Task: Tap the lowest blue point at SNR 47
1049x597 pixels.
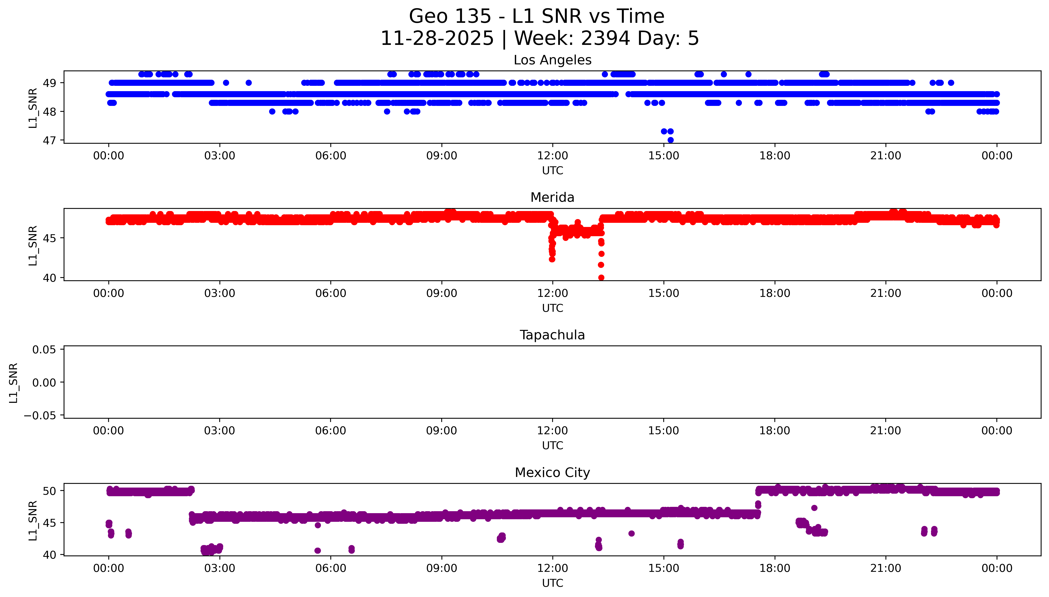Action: click(x=670, y=140)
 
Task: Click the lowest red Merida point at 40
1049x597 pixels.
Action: click(x=601, y=278)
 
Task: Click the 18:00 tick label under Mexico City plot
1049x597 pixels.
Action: click(x=775, y=568)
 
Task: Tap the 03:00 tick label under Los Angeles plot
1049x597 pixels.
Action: click(x=219, y=156)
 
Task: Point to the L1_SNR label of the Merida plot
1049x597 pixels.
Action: click(x=33, y=245)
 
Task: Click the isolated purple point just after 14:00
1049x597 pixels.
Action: click(x=631, y=533)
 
